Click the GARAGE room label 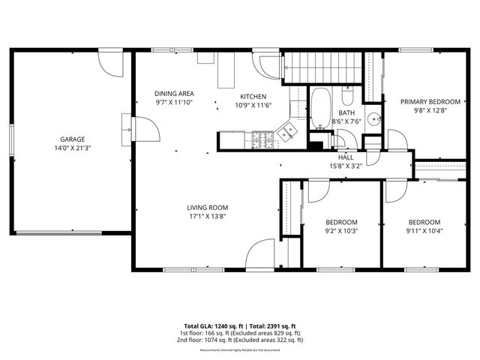(73, 139)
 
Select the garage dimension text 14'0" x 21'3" (73, 148)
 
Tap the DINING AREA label (174, 93)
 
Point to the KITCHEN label (252, 97)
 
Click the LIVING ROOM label (207, 208)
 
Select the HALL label (345, 157)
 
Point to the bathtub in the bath (321, 109)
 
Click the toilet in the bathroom (348, 97)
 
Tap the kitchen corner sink (286, 133)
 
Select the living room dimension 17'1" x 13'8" (207, 217)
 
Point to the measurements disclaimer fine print (239, 349)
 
